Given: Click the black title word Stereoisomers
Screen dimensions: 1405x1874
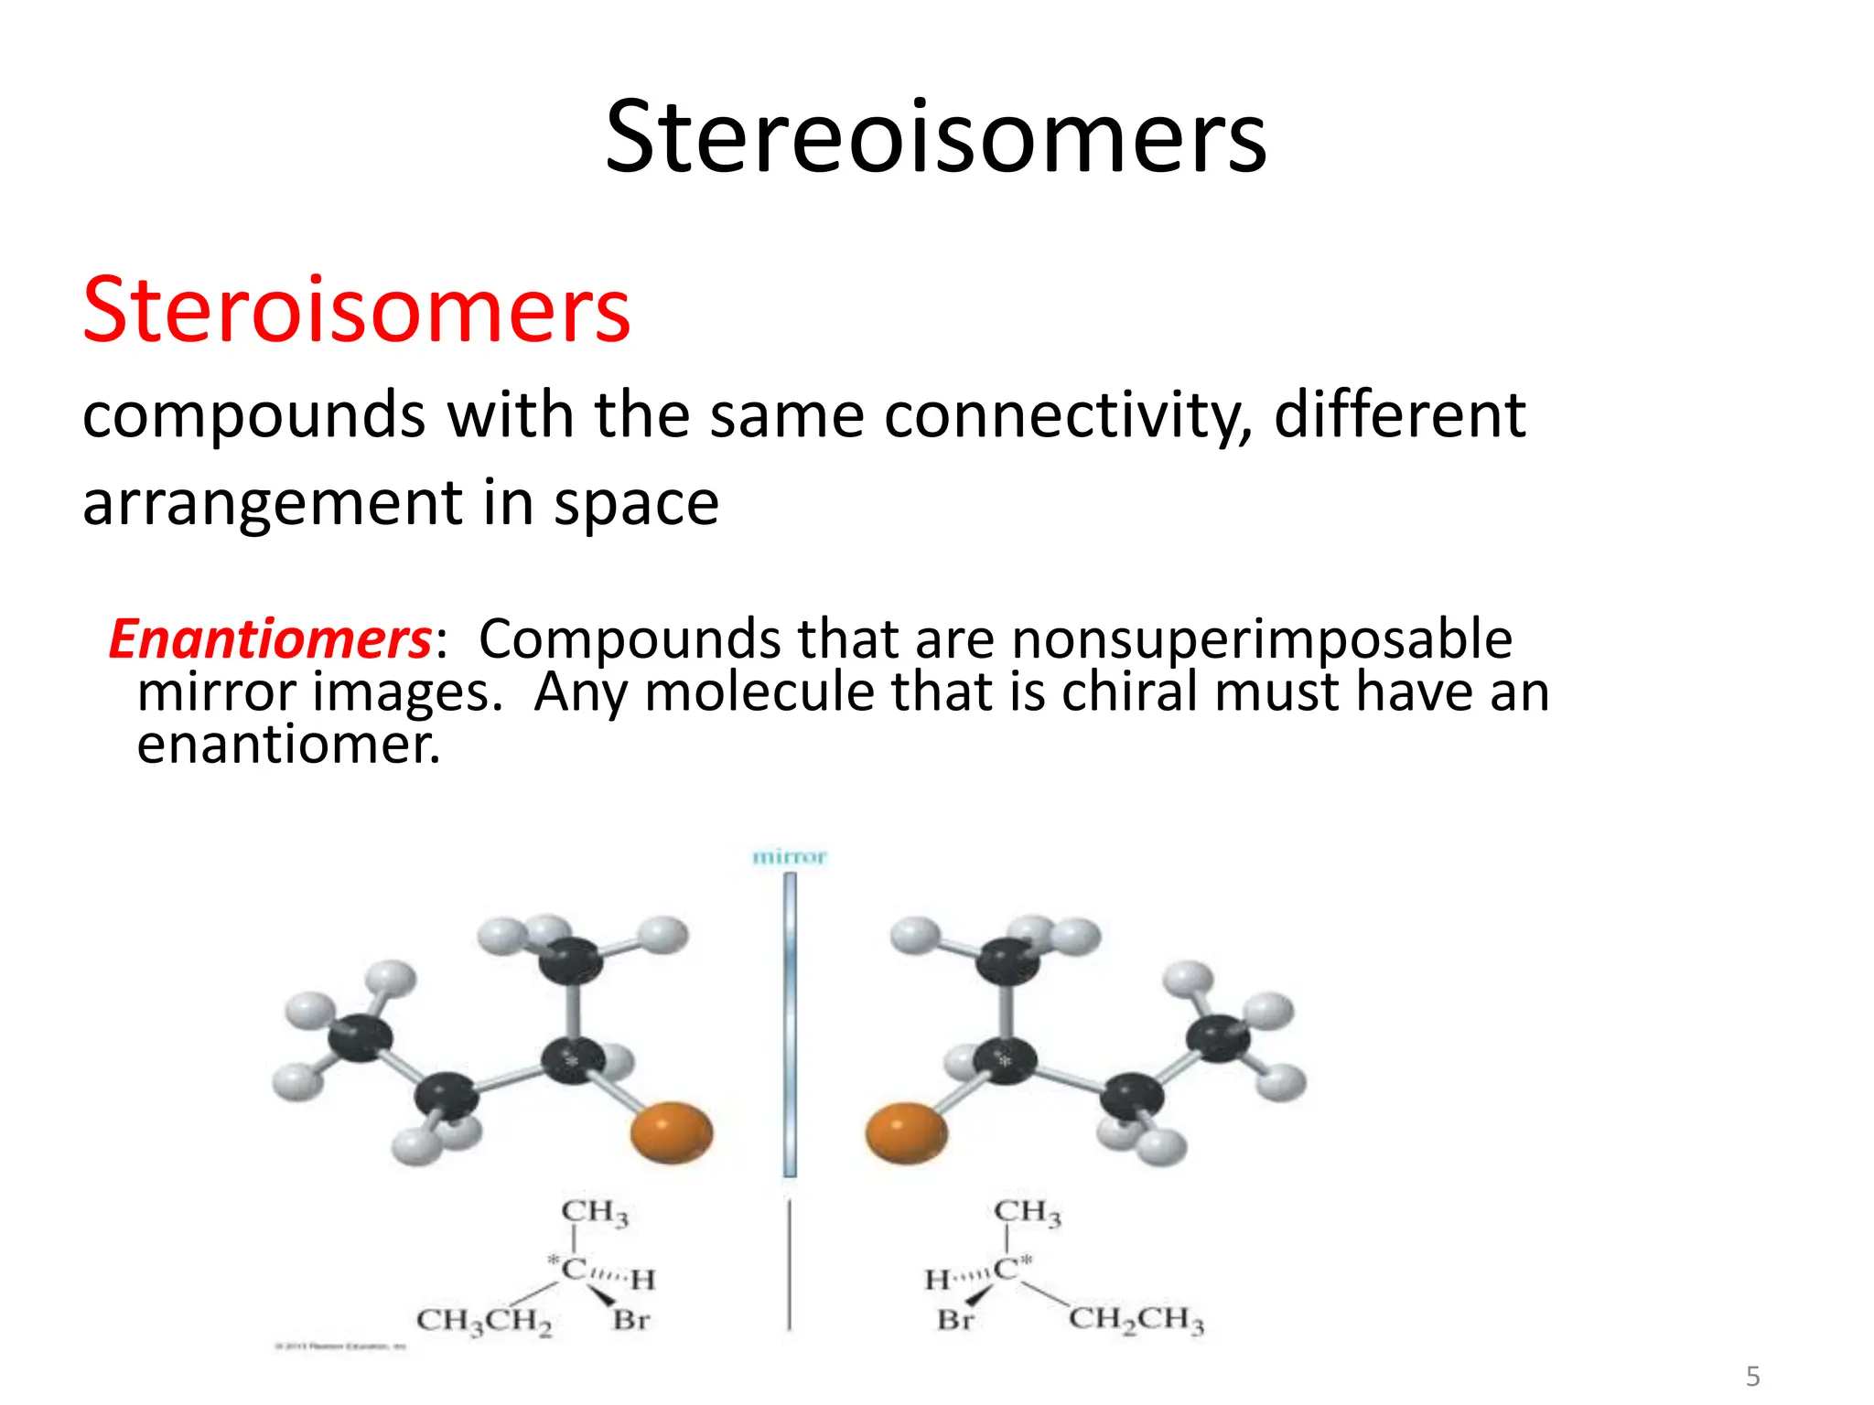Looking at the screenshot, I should [935, 137].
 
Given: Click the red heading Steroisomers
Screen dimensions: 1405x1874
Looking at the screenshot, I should [356, 310].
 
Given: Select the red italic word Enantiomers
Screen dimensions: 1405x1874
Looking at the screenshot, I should [270, 638].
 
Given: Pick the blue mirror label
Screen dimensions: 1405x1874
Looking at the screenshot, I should [789, 857].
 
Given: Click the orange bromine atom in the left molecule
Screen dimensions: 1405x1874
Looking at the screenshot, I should [672, 1132].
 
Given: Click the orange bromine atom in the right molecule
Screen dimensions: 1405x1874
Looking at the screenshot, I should [906, 1132].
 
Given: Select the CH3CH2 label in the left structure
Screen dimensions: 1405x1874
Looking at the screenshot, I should [484, 1321].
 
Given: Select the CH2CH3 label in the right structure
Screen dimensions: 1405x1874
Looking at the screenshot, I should [1136, 1319].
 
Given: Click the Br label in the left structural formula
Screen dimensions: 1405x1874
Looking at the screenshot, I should [631, 1320].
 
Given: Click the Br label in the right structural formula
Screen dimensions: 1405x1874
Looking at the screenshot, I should [955, 1320].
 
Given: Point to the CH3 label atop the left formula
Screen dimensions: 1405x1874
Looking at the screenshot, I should [595, 1212].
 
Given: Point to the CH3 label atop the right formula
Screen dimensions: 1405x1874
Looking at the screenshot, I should [1028, 1212].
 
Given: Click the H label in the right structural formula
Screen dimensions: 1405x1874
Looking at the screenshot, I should [937, 1280].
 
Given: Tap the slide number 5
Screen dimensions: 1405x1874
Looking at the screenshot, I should [1753, 1376].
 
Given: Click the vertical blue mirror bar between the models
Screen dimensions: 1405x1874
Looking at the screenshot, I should [790, 1024].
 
